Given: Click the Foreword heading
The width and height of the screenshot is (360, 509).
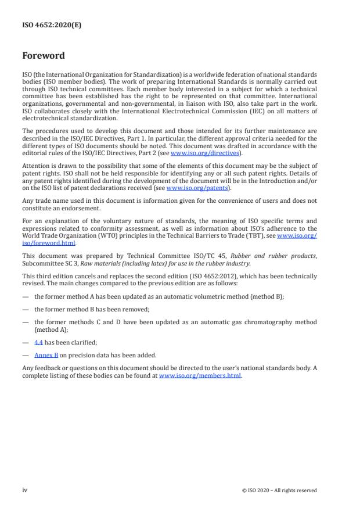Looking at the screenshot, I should pyautogui.click(x=44, y=56).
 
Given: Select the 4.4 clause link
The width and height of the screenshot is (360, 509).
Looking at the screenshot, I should pyautogui.click(x=38, y=343).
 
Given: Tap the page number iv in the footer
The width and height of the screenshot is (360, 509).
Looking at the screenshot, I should pyautogui.click(x=25, y=490).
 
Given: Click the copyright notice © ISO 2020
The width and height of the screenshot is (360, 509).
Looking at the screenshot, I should pyautogui.click(x=279, y=490).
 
